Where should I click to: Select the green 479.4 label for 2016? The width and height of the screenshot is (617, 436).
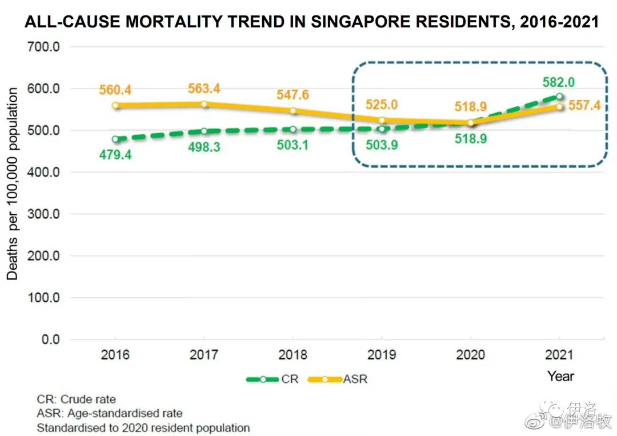pyautogui.click(x=115, y=155)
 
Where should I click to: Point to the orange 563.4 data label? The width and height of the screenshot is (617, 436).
pyautogui.click(x=204, y=89)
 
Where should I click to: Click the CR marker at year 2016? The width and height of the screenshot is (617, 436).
pyautogui.click(x=115, y=139)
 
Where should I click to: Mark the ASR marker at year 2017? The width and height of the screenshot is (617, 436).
pyautogui.click(x=204, y=104)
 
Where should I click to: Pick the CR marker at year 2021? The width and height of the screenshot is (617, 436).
pyautogui.click(x=559, y=96)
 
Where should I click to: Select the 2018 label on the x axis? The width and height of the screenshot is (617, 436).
pyautogui.click(x=293, y=355)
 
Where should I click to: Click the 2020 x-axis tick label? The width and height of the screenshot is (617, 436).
pyautogui.click(x=471, y=355)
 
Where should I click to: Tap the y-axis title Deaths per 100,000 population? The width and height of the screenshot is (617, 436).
pyautogui.click(x=13, y=184)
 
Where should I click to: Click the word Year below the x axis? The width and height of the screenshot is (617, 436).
pyautogui.click(x=560, y=376)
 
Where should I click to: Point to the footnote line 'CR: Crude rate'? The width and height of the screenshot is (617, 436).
pyautogui.click(x=76, y=399)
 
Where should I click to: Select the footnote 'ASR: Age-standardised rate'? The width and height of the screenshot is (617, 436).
pyautogui.click(x=109, y=413)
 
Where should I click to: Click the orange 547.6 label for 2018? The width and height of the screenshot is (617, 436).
pyautogui.click(x=293, y=95)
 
